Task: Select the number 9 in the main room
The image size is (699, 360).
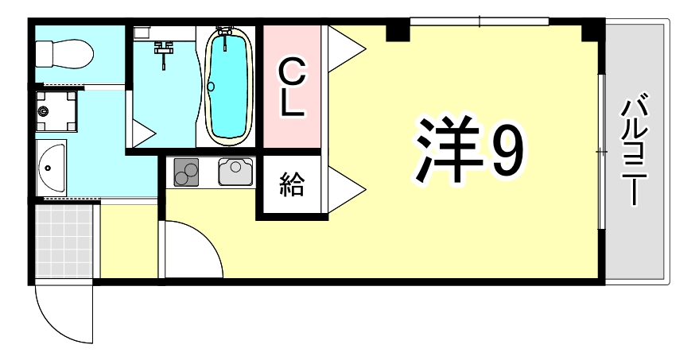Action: click(507, 151)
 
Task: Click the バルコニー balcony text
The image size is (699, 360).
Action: click(635, 151)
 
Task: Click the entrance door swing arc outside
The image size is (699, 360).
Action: click(64, 314)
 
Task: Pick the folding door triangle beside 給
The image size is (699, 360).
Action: click(344, 189)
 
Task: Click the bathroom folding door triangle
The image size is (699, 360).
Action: click(143, 132)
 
